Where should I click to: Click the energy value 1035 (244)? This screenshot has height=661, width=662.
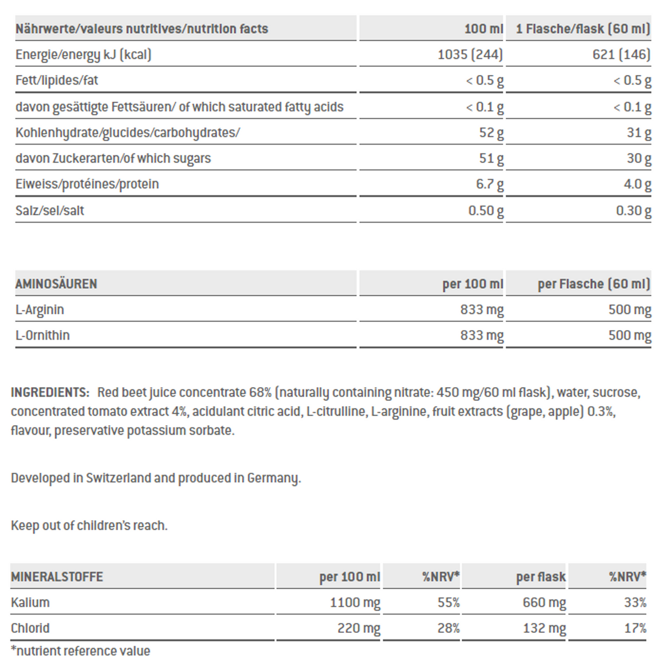pyautogui.click(x=470, y=55)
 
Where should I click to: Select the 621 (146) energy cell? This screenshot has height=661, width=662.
pyautogui.click(x=621, y=55)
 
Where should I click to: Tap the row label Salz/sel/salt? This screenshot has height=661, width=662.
pyautogui.click(x=50, y=210)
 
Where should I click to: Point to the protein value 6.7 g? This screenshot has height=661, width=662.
pyautogui.click(x=489, y=184)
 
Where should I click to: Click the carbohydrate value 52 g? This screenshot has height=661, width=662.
pyautogui.click(x=491, y=133)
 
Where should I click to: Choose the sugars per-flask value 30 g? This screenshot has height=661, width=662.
pyautogui.click(x=638, y=158)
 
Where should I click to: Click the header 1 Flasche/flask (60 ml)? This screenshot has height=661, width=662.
pyautogui.click(x=583, y=29)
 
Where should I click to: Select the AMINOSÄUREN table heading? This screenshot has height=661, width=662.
pyautogui.click(x=56, y=284)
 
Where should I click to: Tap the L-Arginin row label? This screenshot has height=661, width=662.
pyautogui.click(x=40, y=310)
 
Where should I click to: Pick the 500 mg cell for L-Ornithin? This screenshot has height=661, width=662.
pyautogui.click(x=629, y=335)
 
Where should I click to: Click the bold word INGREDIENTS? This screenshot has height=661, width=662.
pyautogui.click(x=50, y=393)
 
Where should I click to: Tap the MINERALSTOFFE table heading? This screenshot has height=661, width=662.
pyautogui.click(x=57, y=577)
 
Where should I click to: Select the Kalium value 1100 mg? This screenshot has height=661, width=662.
pyautogui.click(x=355, y=602)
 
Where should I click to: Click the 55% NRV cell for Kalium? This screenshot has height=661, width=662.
pyautogui.click(x=449, y=602)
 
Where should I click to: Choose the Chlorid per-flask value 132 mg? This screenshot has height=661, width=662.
pyautogui.click(x=544, y=628)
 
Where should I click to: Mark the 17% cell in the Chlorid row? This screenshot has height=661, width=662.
pyautogui.click(x=635, y=628)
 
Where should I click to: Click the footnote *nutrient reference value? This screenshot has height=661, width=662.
pyautogui.click(x=81, y=651)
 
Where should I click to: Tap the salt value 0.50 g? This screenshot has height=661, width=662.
pyautogui.click(x=485, y=210)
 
